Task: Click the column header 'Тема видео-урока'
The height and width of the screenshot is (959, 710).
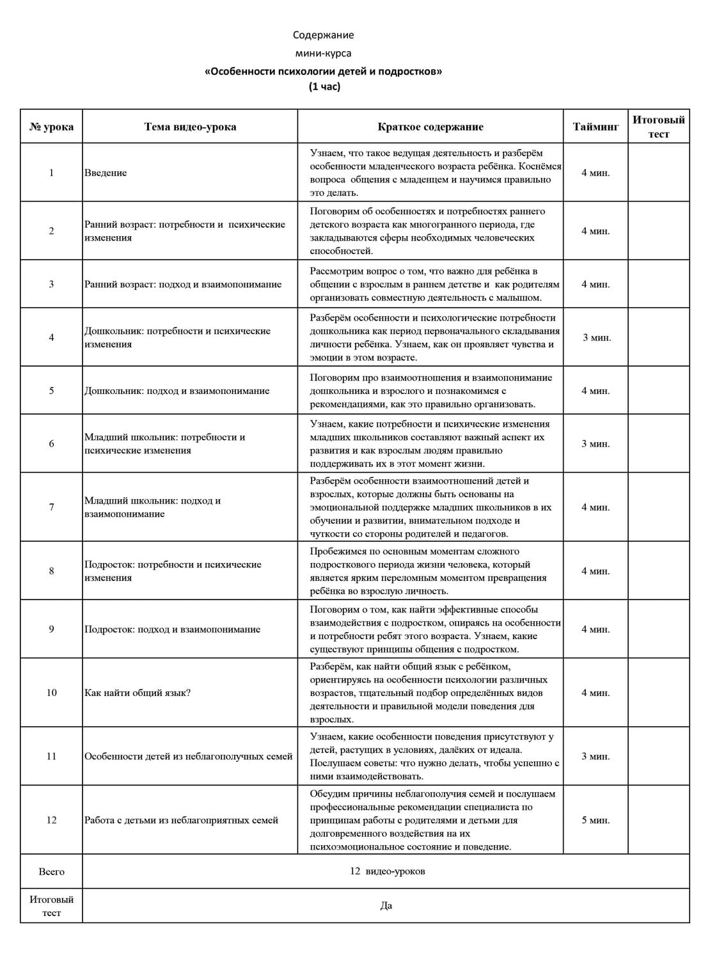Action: point(190,127)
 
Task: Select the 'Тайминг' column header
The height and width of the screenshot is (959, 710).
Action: point(596,127)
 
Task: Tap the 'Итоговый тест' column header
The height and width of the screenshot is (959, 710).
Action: point(658,127)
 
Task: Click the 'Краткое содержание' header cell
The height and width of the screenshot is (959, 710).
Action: point(430,127)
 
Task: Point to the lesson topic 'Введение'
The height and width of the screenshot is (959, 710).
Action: point(106,173)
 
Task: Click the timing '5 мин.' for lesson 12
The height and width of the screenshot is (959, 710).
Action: point(596,820)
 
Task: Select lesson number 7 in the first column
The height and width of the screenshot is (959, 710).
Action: point(51,507)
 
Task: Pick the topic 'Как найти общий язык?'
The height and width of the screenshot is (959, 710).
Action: point(138,693)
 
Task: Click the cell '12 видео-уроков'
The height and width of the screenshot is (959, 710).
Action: point(387,871)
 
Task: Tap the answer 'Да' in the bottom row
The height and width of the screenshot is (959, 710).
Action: point(386,906)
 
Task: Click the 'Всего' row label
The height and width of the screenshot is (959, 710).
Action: point(51,871)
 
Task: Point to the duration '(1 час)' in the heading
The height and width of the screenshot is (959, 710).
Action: point(324,86)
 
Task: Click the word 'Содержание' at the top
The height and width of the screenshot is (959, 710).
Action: point(323,35)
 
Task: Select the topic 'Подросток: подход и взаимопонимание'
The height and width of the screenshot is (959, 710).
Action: point(172,630)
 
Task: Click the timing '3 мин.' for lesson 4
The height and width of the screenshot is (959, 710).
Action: point(596,338)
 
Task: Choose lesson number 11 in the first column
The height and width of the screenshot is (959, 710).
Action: point(51,756)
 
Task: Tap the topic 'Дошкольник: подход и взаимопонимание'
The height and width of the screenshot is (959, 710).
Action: point(177,391)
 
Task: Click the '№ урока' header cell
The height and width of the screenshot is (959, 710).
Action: point(51,127)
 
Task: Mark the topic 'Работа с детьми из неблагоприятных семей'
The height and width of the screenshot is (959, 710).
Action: point(181,820)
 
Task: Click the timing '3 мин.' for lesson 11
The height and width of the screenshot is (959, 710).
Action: point(596,756)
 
